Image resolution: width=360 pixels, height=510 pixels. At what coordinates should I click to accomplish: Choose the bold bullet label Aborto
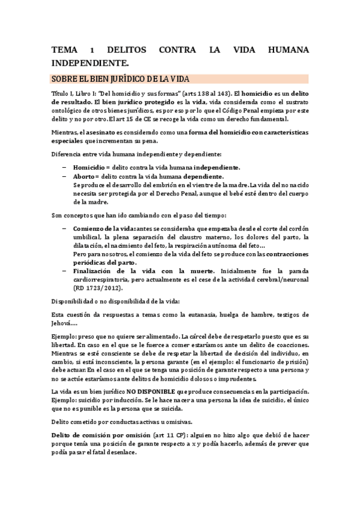(85, 176)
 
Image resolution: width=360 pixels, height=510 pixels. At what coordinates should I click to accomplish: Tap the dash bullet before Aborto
(65, 176)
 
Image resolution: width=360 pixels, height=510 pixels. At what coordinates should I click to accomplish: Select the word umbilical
(88, 238)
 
